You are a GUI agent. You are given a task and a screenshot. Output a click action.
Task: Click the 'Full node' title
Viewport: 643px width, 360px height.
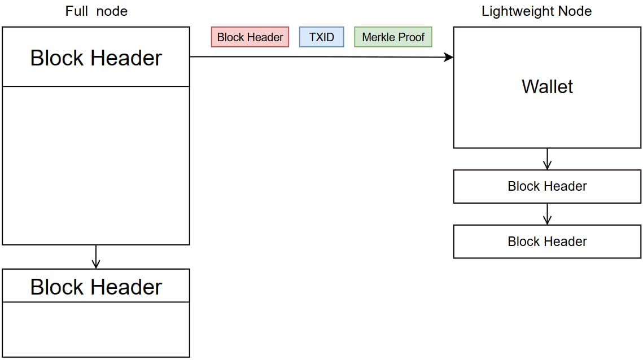point(97,11)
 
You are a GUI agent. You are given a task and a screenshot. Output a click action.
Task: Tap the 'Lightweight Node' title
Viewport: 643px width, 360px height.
point(536,11)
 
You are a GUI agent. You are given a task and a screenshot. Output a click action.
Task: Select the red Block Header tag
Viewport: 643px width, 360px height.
point(250,37)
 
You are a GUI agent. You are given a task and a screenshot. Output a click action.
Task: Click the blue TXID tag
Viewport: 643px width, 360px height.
point(322,37)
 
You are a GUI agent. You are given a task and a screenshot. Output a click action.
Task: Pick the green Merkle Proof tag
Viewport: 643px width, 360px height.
point(393,37)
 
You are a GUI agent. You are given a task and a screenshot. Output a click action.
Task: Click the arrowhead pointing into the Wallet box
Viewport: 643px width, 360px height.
point(449,57)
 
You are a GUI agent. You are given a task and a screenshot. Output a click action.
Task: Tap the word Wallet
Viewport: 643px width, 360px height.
point(547,87)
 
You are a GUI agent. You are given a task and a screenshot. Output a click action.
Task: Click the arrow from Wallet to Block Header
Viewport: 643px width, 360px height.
point(547,159)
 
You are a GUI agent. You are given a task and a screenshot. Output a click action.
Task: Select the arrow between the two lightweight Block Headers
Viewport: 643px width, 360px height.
point(547,214)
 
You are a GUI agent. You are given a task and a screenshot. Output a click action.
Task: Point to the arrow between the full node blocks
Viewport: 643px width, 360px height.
point(96,257)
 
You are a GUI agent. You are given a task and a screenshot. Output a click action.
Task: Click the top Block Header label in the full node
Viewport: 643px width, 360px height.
point(96,58)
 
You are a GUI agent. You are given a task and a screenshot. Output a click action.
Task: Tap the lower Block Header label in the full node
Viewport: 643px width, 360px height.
point(96,287)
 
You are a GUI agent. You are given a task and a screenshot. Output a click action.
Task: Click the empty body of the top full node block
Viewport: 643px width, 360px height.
point(96,166)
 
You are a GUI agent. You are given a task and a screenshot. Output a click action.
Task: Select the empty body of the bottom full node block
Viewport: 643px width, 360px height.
point(96,330)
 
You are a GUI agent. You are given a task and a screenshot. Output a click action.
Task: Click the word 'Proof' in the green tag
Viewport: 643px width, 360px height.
point(412,37)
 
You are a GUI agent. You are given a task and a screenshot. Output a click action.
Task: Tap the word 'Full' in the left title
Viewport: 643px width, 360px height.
point(77,11)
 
